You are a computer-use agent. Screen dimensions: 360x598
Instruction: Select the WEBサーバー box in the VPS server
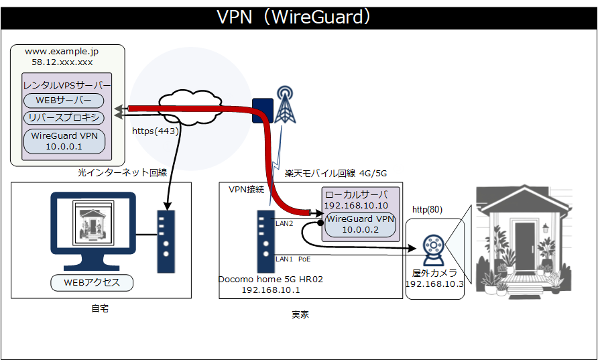coord(64,101)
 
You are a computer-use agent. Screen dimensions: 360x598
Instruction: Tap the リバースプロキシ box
coord(64,119)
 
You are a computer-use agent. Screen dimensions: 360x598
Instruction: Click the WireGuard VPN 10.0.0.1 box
coord(64,141)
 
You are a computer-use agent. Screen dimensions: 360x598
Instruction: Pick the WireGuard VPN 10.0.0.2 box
coord(361,224)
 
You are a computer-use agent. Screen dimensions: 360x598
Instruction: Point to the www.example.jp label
coord(62,51)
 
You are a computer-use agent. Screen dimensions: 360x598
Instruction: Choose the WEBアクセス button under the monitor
coord(92,282)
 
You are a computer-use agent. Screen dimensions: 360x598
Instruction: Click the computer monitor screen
coord(93,223)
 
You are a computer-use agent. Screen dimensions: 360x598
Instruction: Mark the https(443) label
coord(156,131)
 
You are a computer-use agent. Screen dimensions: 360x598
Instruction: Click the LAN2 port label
coord(285,223)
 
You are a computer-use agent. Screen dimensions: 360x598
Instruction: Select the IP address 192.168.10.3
coord(434,284)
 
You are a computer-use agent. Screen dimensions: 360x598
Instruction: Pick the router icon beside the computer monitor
coord(166,242)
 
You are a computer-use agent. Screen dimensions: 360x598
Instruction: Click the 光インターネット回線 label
coord(121,172)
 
